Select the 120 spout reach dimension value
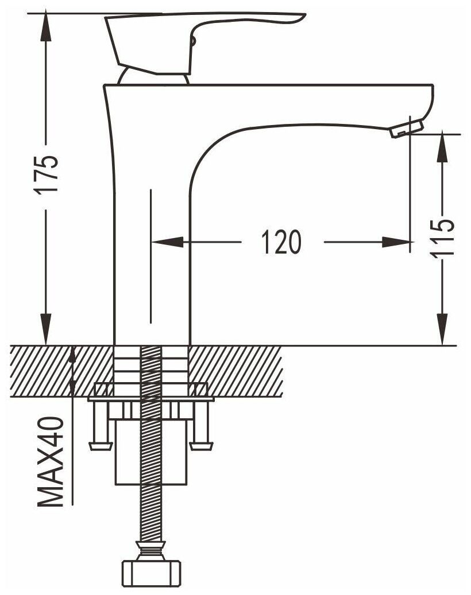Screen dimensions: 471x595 281,242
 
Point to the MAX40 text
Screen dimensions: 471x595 51,462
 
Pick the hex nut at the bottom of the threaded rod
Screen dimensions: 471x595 152,572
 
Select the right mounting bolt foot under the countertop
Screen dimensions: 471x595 202,445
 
